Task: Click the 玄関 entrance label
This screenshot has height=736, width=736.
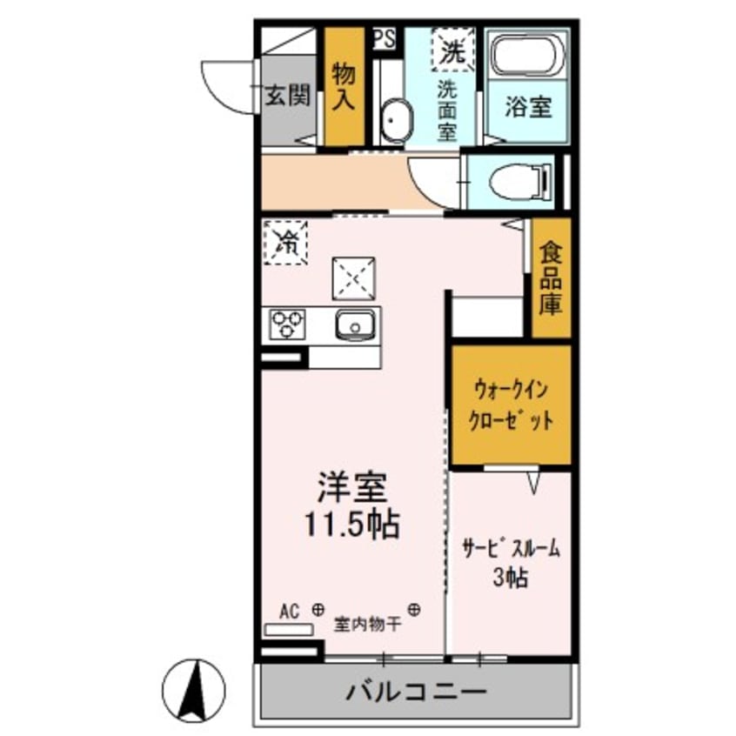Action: (288, 95)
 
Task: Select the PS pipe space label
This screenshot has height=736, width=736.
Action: (384, 37)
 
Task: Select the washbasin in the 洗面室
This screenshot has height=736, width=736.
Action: (398, 120)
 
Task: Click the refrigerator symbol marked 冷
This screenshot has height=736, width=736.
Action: (284, 241)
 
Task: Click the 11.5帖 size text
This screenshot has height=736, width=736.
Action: (351, 524)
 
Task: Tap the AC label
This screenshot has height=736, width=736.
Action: (291, 611)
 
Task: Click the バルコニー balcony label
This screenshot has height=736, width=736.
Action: (416, 693)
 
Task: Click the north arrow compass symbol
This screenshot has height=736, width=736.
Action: (197, 686)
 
